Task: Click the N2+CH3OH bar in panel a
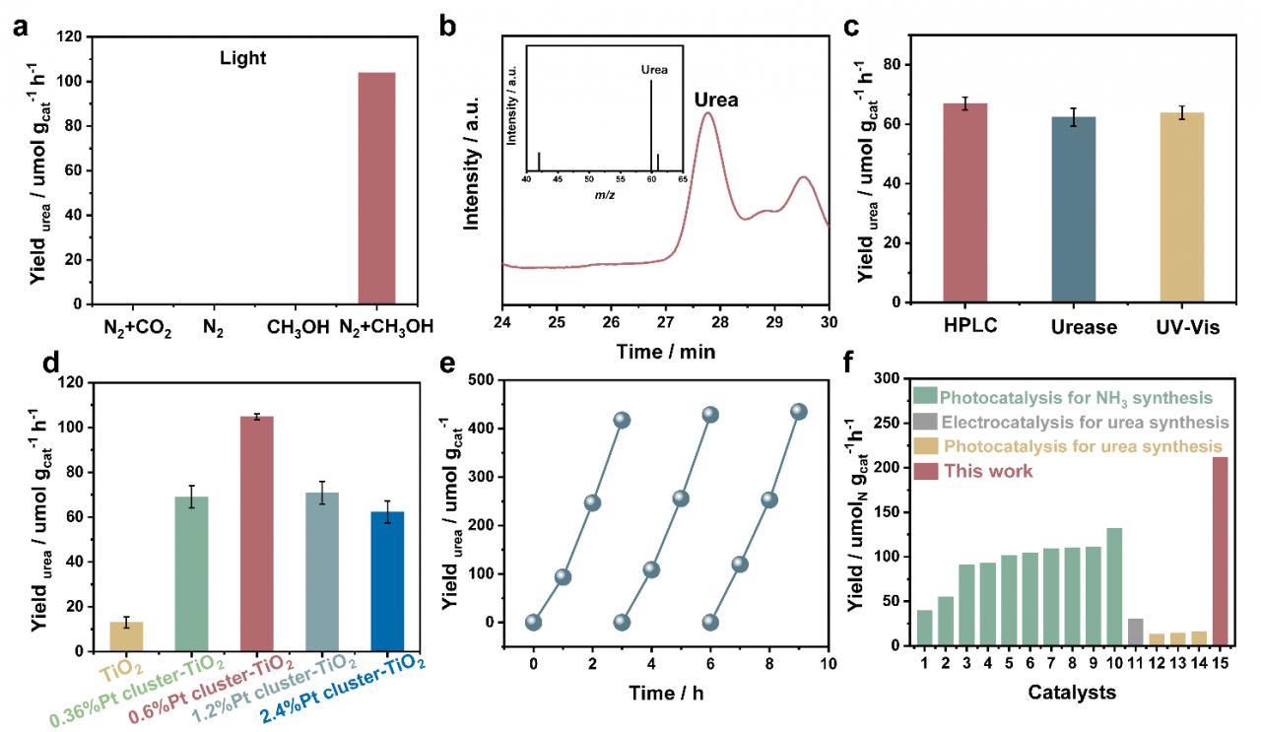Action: point(376,188)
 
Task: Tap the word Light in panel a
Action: point(242,59)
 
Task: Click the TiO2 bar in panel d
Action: point(125,635)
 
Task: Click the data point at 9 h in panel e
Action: point(798,412)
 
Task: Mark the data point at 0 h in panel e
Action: point(533,622)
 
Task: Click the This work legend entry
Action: point(986,471)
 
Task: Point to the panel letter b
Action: point(450,29)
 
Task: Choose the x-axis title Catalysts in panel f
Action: point(1073,693)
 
